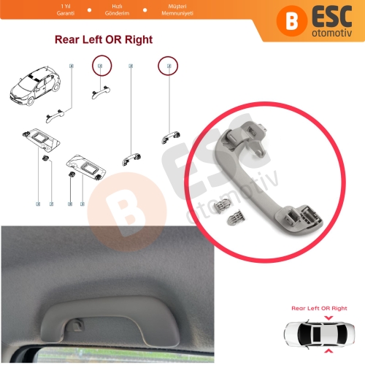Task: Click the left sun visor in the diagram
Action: (x=38, y=138)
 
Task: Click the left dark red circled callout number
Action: (x=99, y=67)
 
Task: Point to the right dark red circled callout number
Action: (x=169, y=66)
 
